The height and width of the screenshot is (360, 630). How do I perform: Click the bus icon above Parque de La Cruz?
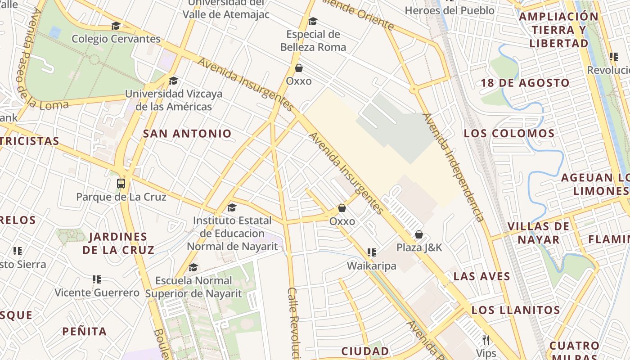point(121,183)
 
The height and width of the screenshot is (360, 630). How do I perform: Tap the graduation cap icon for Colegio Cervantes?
point(116,26)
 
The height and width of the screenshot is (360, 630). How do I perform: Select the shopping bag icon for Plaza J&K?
point(419,234)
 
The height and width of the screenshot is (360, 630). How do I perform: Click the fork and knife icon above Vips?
point(486,340)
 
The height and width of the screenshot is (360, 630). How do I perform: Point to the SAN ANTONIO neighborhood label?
point(187,133)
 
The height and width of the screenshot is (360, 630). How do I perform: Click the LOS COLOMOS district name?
point(509,133)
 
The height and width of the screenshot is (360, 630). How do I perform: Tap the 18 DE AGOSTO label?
point(525,83)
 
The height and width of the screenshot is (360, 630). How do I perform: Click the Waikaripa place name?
point(371,266)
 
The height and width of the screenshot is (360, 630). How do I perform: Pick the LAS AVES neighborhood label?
point(481,276)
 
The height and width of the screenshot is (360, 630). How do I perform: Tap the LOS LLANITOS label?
point(516,310)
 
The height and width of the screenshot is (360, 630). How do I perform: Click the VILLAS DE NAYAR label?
point(538,233)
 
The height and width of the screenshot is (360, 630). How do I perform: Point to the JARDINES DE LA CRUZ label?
point(118,243)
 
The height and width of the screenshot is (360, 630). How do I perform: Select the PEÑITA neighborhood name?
point(85,332)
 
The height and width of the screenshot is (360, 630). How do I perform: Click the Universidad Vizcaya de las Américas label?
point(174,100)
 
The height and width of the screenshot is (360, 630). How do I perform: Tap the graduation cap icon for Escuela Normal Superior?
point(193,267)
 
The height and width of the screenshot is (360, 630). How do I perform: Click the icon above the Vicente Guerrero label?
point(96,279)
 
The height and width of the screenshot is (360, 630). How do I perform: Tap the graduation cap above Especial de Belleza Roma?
point(313,21)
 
